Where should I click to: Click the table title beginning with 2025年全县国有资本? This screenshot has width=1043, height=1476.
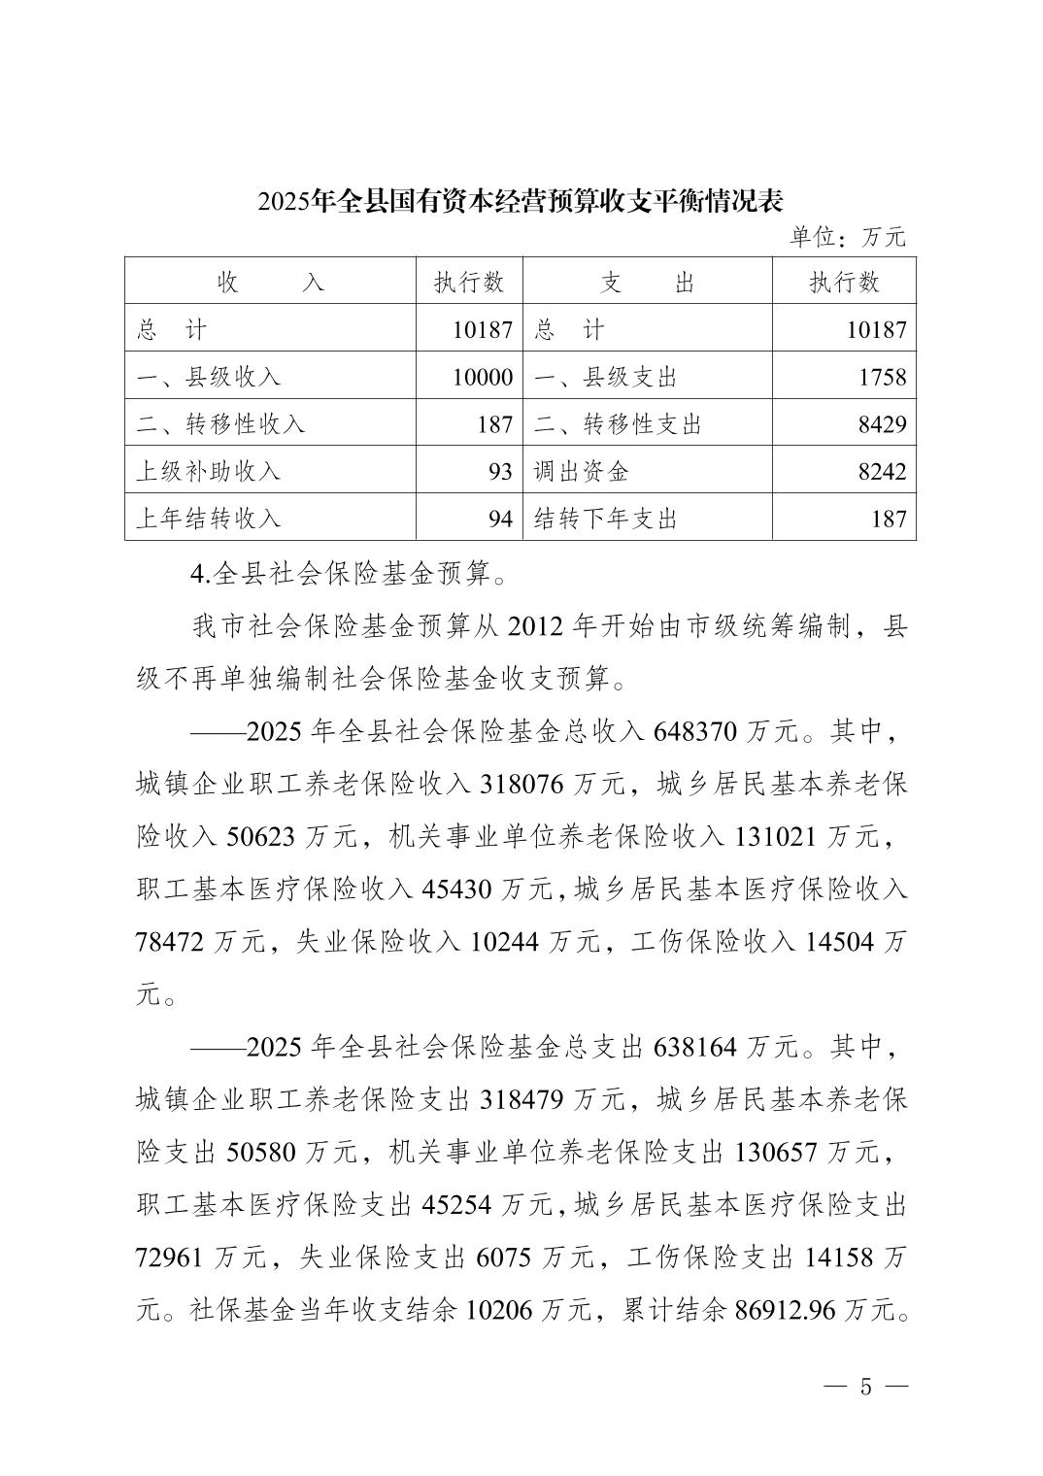coord(521,201)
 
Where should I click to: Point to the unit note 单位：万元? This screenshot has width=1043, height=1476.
coord(848,236)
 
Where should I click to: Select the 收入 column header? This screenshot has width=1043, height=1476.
coord(270,282)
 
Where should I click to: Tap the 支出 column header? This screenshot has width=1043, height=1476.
coord(647,282)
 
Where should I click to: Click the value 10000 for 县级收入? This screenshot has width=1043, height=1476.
coord(482,377)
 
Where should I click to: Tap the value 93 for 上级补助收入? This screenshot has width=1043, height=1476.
coord(499,471)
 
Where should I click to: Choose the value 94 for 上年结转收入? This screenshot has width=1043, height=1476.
coord(499,519)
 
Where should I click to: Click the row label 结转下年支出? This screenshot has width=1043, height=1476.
coord(605,519)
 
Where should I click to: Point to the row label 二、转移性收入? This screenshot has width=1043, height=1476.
coord(220,424)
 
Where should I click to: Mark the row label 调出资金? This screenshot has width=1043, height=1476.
coord(581,471)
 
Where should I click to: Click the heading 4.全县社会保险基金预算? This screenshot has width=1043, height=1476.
coord(349,574)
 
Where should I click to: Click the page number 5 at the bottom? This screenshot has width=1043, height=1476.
coord(866,1387)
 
